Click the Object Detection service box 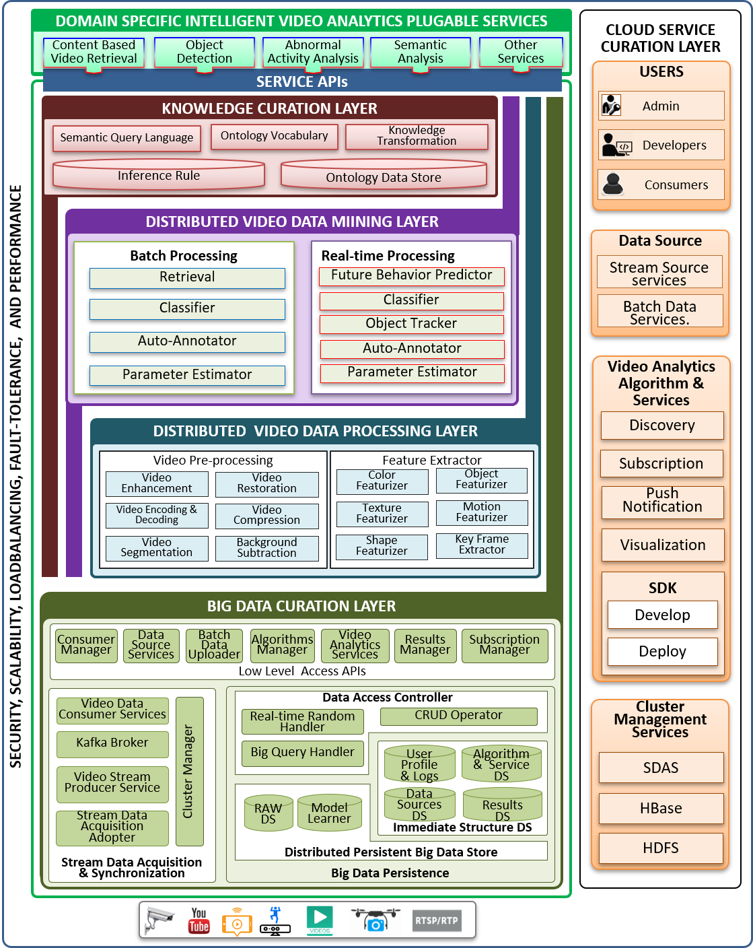205,52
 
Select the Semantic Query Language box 127,138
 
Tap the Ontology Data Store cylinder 384,176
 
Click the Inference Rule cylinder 159,175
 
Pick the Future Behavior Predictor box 411,275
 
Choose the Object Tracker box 411,324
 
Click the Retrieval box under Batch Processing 187,277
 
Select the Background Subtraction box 266,548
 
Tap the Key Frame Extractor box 482,545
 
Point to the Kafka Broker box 112,743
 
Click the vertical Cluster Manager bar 189,771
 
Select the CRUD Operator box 458,716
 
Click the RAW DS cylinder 268,813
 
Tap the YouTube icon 199,920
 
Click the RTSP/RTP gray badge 437,920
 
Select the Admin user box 661,106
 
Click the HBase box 661,809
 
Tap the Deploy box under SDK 662,652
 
